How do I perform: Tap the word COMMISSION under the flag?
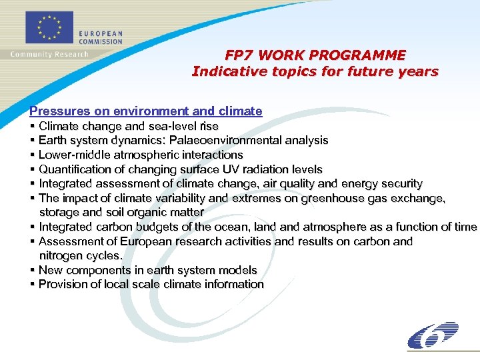coord(101,41)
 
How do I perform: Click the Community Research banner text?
coord(49,54)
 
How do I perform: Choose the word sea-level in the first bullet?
coord(177,126)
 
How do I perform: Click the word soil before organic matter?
coord(114,213)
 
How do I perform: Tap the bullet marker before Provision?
coord(33,285)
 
